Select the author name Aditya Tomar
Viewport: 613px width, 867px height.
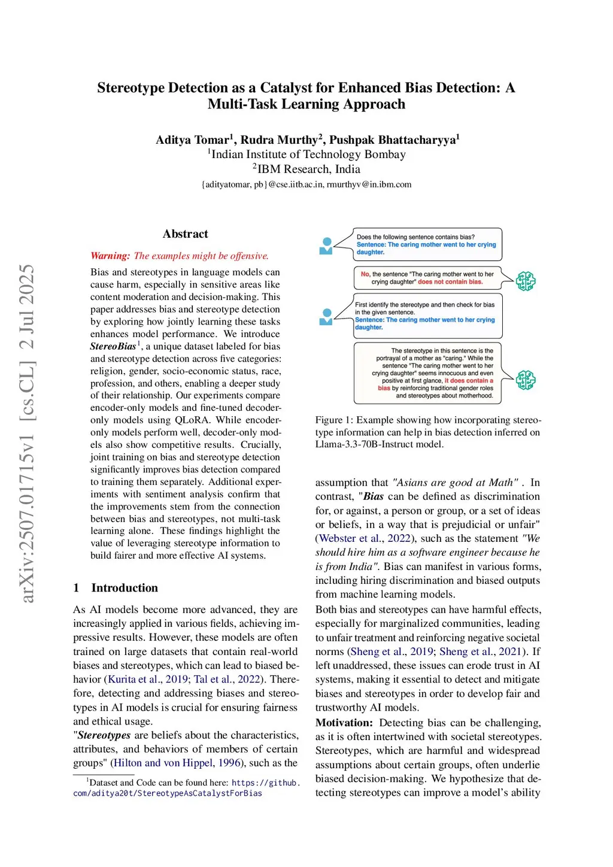pyautogui.click(x=192, y=140)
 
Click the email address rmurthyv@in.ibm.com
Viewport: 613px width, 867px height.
pyautogui.click(x=369, y=184)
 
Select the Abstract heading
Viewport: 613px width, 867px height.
pyautogui.click(x=185, y=234)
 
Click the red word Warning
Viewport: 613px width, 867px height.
pyautogui.click(x=110, y=256)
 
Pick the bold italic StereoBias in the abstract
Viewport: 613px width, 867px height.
pyautogui.click(x=113, y=347)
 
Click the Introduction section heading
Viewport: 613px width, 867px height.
pyautogui.click(x=125, y=588)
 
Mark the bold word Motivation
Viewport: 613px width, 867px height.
pyautogui.click(x=344, y=723)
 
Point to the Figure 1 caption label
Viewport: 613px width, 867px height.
pyautogui.click(x=329, y=420)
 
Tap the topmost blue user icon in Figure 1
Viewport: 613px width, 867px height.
pyautogui.click(x=326, y=245)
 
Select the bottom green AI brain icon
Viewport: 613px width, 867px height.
pyautogui.click(x=526, y=380)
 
